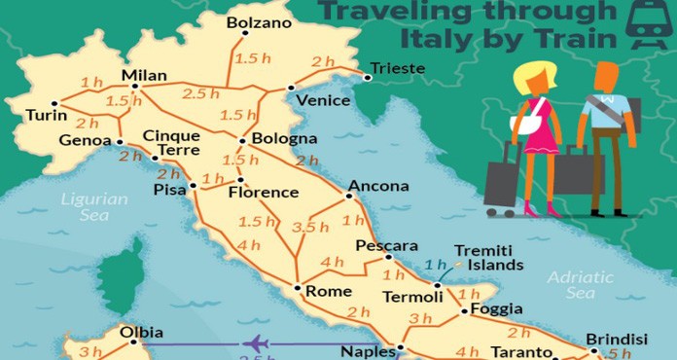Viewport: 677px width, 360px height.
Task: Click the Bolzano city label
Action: coord(259,22)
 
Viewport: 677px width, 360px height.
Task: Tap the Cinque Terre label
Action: coord(171,143)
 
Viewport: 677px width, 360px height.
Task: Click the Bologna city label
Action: coord(284,139)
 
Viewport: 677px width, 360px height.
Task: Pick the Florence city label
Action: coord(263,193)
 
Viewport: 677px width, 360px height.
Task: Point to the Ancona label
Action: coord(374,185)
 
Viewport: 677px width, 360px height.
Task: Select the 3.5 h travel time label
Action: coord(310,227)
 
